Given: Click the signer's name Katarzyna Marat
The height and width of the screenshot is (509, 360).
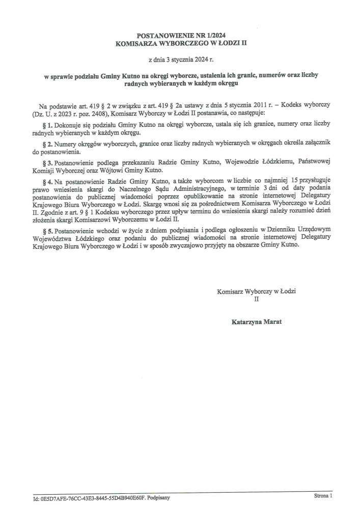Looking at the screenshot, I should [x=256, y=322].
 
